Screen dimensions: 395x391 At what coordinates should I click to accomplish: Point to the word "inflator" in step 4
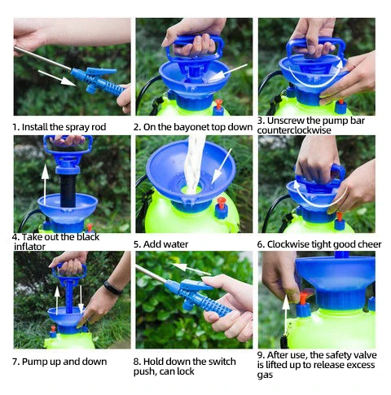(32, 248)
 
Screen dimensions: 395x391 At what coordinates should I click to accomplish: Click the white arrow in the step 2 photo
(231, 71)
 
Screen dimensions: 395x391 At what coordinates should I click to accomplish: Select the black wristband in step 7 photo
(112, 287)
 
